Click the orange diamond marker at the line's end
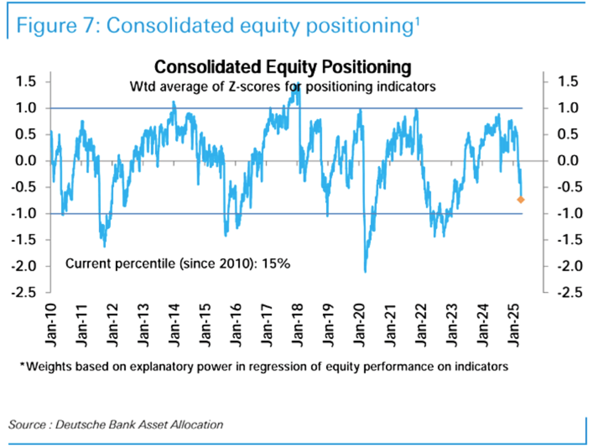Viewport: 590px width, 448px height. (521, 200)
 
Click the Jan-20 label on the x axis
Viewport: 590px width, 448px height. (359, 325)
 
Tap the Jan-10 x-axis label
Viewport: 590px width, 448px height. (50, 325)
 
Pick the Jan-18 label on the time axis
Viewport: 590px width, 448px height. (297, 325)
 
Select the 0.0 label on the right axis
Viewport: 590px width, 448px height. (567, 161)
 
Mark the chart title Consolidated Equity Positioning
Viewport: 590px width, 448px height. (283, 67)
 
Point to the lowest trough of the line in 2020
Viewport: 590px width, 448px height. (365, 271)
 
